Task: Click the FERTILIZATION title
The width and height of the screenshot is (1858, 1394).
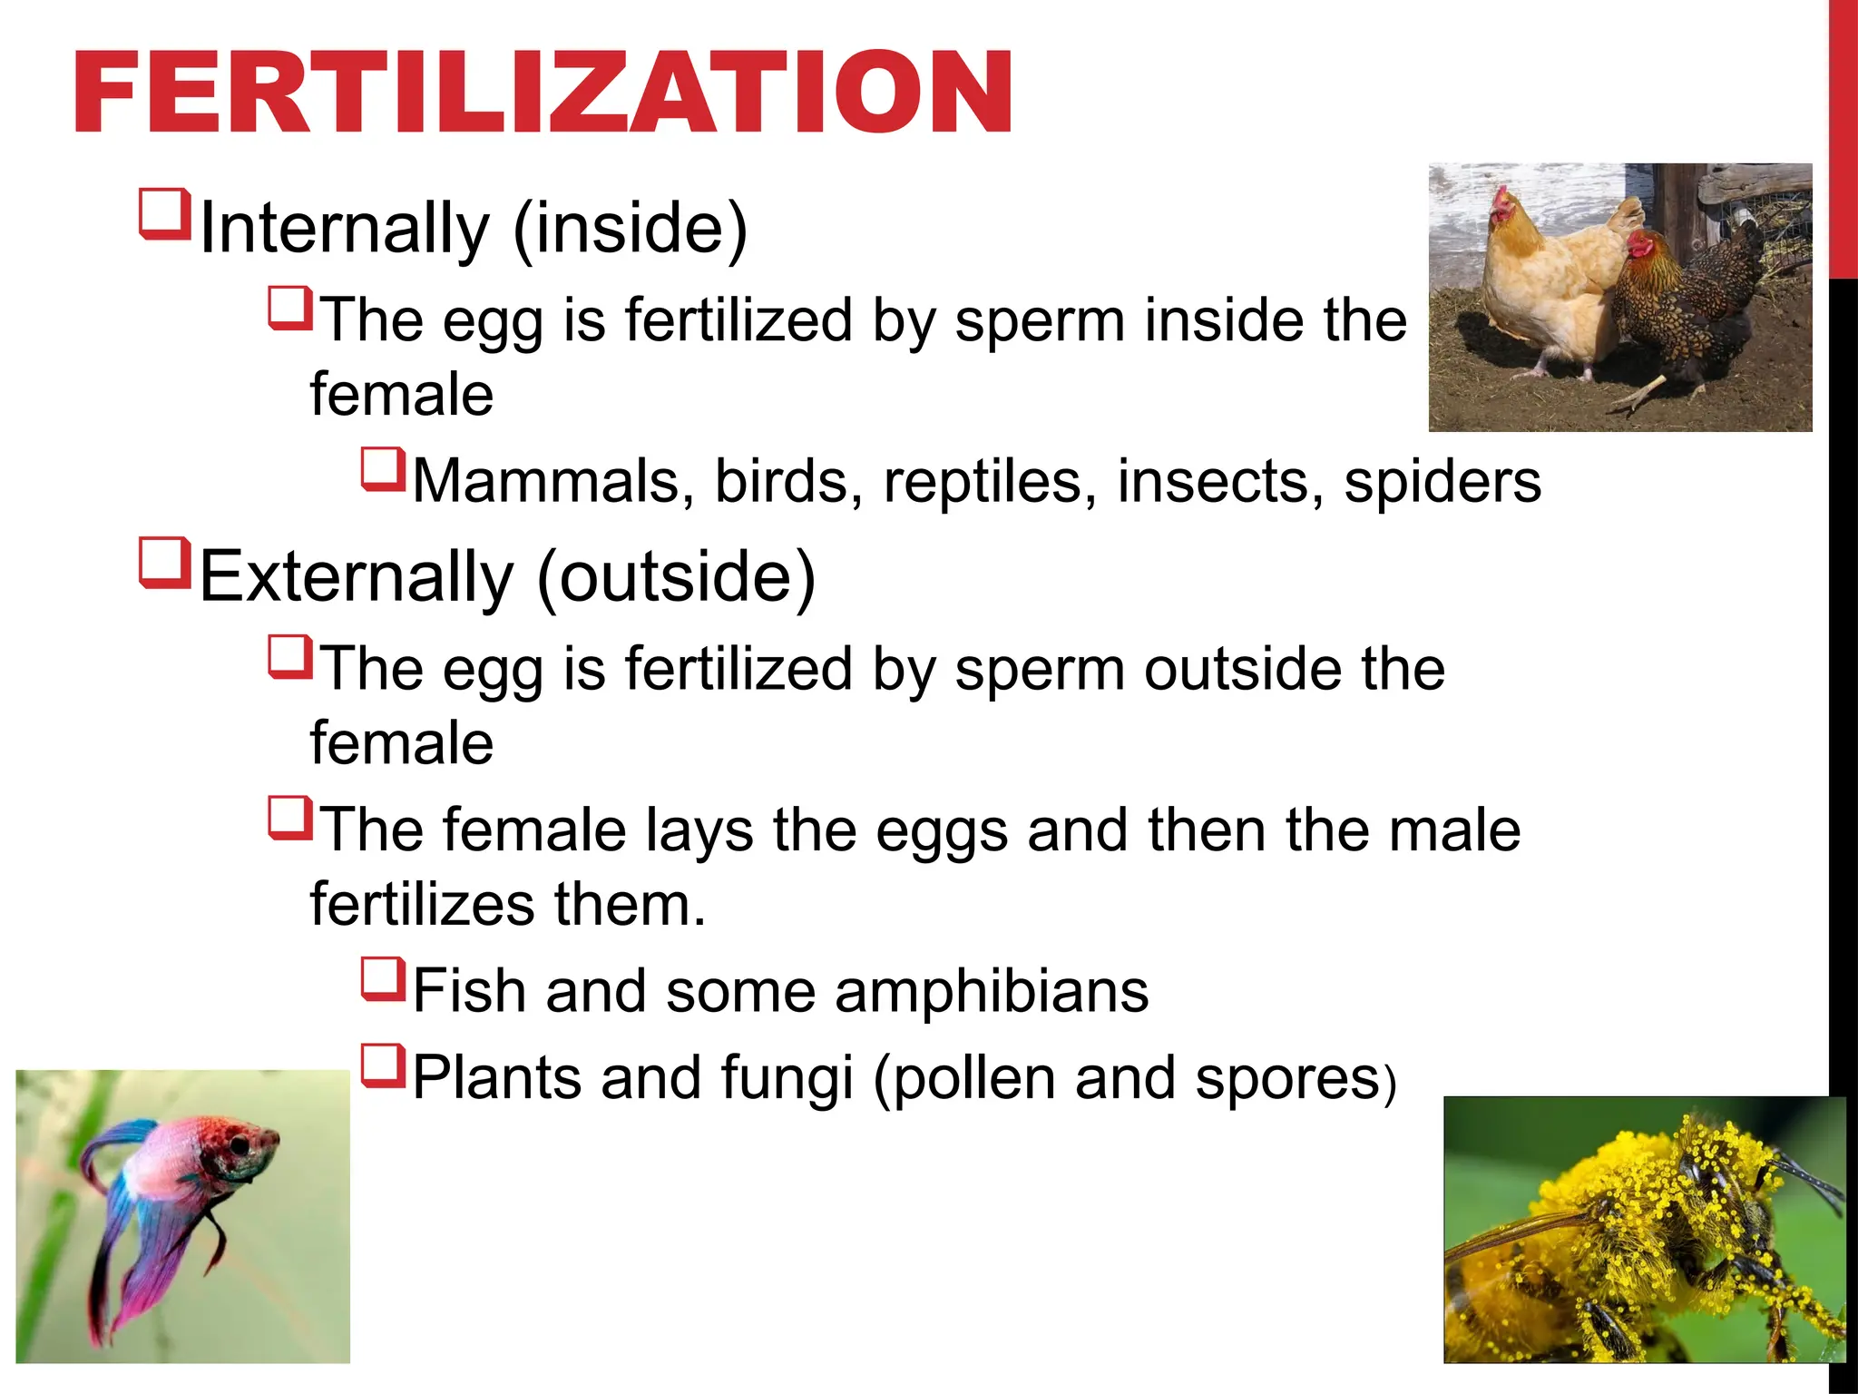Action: [x=543, y=93]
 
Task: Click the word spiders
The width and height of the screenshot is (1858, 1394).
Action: [x=1442, y=481]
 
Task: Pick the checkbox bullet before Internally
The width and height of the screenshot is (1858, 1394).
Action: [x=165, y=213]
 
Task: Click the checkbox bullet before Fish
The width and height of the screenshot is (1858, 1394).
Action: [x=383, y=978]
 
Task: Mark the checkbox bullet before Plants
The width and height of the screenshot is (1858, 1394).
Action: [x=383, y=1065]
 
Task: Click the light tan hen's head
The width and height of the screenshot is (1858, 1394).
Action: [x=1506, y=206]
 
